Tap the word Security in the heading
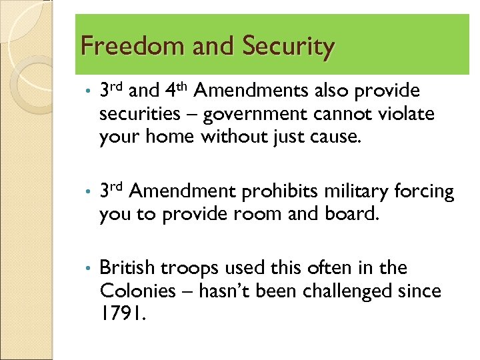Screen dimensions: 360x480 pyautogui.click(x=288, y=47)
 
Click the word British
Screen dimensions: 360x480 pyautogui.click(x=125, y=269)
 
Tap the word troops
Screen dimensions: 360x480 pyautogui.click(x=183, y=269)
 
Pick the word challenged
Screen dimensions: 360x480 pyautogui.click(x=346, y=291)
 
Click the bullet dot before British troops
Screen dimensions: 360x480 pyautogui.click(x=87, y=269)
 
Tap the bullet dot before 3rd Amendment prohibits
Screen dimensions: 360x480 pyautogui.click(x=87, y=193)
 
